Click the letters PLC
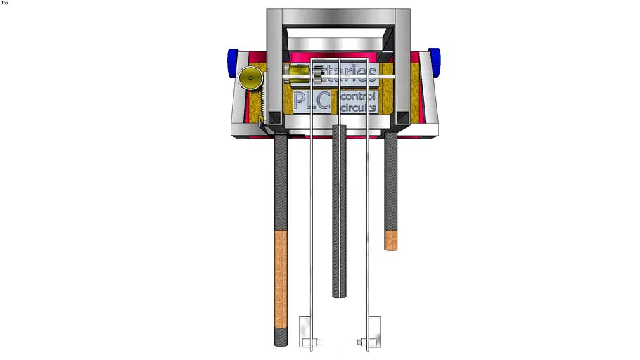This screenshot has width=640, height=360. click(x=312, y=101)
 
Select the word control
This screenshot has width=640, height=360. click(x=358, y=95)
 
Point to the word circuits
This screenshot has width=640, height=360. click(x=358, y=108)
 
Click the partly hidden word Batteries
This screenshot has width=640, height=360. click(x=345, y=71)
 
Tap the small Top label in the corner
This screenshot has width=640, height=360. click(x=5, y=3)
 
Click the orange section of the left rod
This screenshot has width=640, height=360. click(x=281, y=278)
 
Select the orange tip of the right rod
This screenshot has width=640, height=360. click(x=391, y=240)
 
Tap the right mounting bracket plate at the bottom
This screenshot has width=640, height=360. click(x=370, y=332)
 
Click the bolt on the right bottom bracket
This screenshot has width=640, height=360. click(x=361, y=344)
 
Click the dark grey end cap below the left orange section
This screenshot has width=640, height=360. click(x=281, y=338)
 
